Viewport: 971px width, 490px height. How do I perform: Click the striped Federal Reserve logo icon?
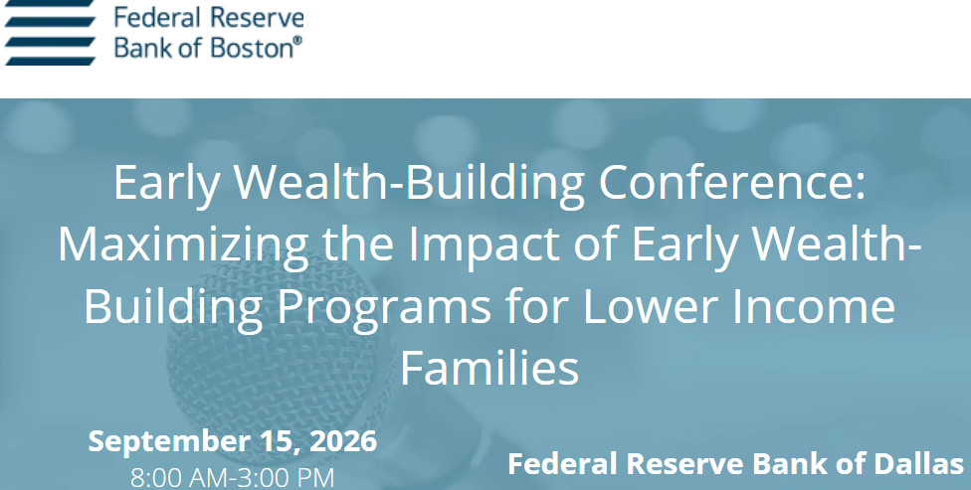click(50, 32)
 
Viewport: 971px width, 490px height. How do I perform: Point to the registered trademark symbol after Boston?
click(297, 41)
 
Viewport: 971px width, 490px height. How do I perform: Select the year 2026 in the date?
click(343, 441)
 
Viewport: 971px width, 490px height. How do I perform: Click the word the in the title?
click(358, 245)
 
